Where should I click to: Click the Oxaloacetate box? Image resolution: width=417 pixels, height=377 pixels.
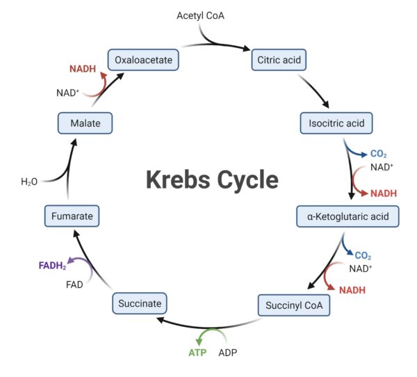click(143, 59)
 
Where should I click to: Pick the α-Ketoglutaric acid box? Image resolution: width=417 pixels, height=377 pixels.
click(347, 216)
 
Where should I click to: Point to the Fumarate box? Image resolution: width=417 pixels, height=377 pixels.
click(72, 216)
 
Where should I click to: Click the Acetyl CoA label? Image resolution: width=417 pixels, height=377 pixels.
click(201, 15)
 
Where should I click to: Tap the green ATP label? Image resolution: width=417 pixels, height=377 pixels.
click(197, 353)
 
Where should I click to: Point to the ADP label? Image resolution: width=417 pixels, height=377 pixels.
click(229, 353)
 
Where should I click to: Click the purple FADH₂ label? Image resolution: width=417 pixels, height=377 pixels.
click(53, 265)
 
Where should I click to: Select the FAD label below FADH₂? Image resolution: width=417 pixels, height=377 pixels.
click(75, 284)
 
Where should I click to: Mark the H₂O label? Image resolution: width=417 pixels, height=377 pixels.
click(29, 182)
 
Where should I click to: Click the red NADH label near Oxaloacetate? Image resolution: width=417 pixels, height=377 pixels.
click(83, 70)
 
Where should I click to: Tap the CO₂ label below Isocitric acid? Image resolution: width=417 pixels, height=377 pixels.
click(378, 154)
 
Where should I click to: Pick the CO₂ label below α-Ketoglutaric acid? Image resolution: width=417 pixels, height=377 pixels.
click(363, 255)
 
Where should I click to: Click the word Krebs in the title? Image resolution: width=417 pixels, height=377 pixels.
click(179, 179)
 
